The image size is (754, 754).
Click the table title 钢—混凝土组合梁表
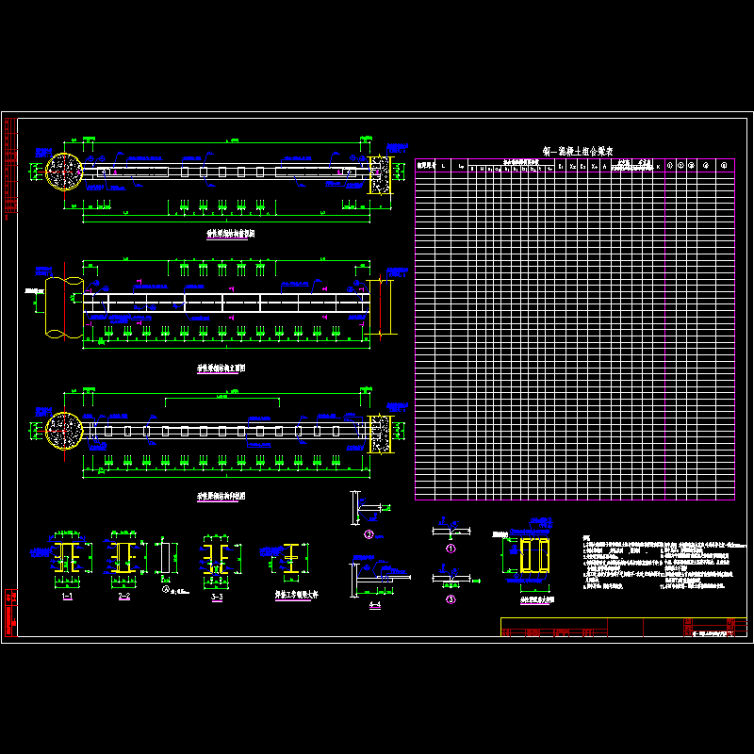pos(579,151)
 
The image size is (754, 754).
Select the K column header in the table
pos(658,167)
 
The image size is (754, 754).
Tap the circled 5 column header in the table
pos(724,167)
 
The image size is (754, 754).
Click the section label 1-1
pos(66,598)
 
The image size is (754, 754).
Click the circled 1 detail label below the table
pos(451,547)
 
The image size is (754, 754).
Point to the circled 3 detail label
pos(451,598)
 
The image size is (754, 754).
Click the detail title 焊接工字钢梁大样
pos(293,595)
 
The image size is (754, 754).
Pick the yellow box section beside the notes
pos(534,556)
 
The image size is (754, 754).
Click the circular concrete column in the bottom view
pos(64,432)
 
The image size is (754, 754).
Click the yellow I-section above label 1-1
pos(66,558)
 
